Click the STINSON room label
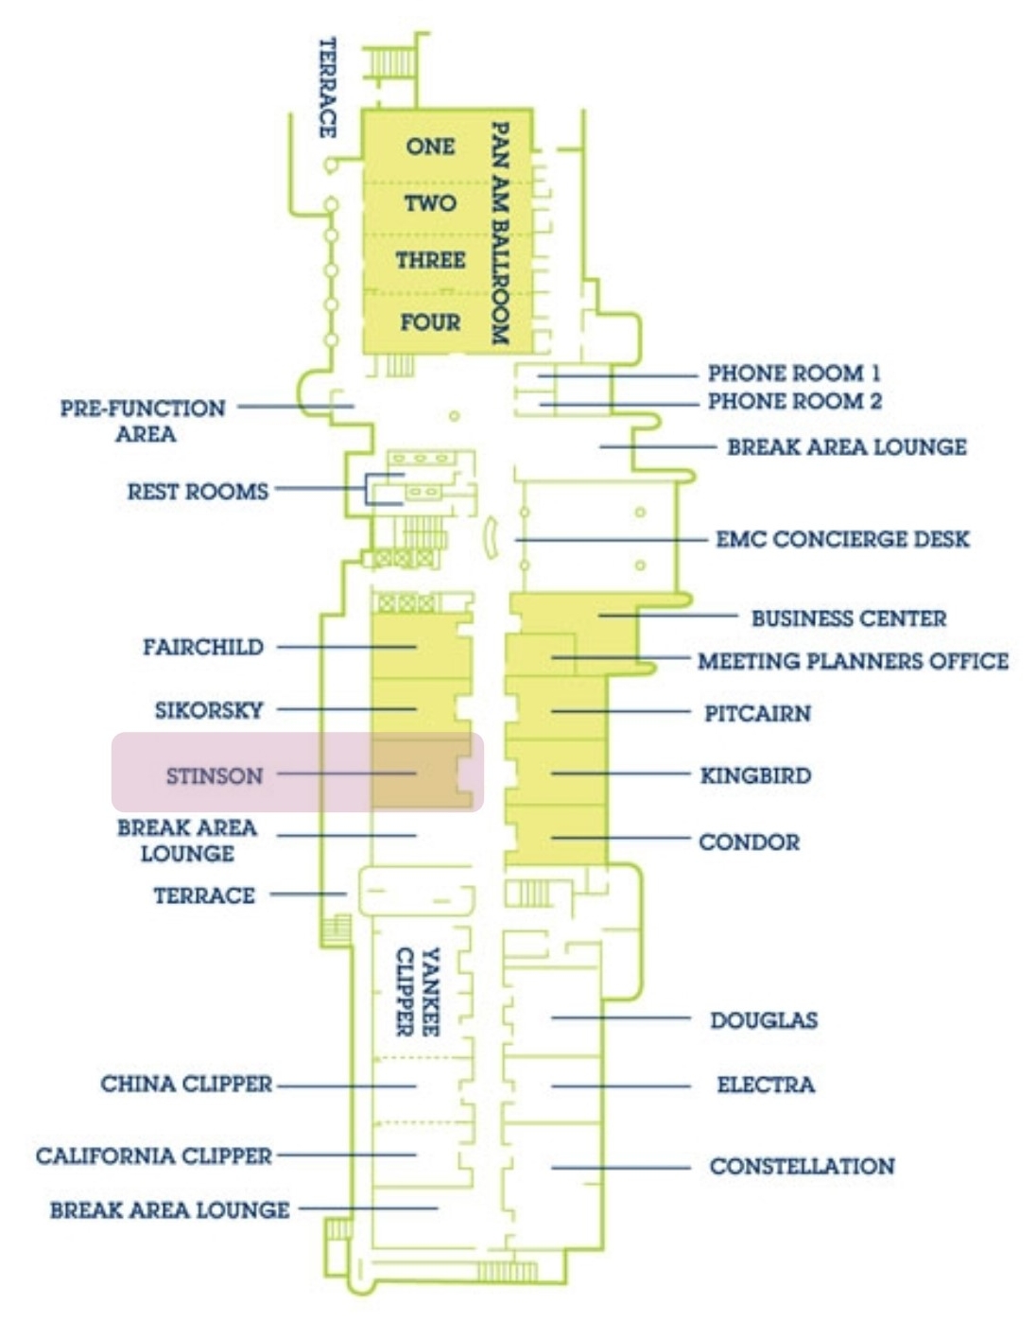coord(215,775)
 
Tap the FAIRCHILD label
coord(203,647)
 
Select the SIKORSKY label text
coord(209,710)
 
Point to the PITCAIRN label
coord(758,713)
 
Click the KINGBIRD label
coord(756,775)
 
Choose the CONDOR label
coord(750,842)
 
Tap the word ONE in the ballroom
coord(430,147)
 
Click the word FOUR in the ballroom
coord(430,322)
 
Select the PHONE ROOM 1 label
coord(794,373)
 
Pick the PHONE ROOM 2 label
coord(795,401)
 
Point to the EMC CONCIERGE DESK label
coord(843,539)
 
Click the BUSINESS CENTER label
coord(849,618)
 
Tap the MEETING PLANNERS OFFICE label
coord(854,661)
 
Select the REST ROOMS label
coord(198,491)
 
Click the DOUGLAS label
coord(764,1020)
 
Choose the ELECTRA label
coord(766,1085)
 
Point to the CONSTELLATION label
coord(803,1166)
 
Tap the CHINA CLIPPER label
coord(186,1084)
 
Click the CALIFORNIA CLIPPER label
coord(154,1156)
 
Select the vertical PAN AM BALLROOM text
coord(499,233)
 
